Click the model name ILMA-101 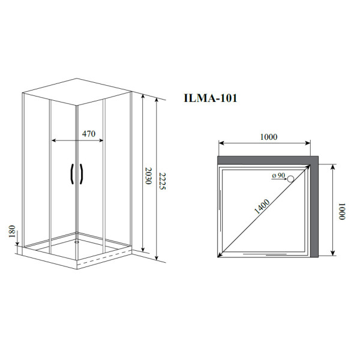click(x=209, y=98)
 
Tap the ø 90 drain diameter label click(x=278, y=175)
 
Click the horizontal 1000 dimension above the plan click(x=265, y=137)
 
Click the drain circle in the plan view click(x=291, y=178)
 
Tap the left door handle click(x=73, y=174)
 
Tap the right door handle click(x=81, y=174)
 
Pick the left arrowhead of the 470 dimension click(x=54, y=140)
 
